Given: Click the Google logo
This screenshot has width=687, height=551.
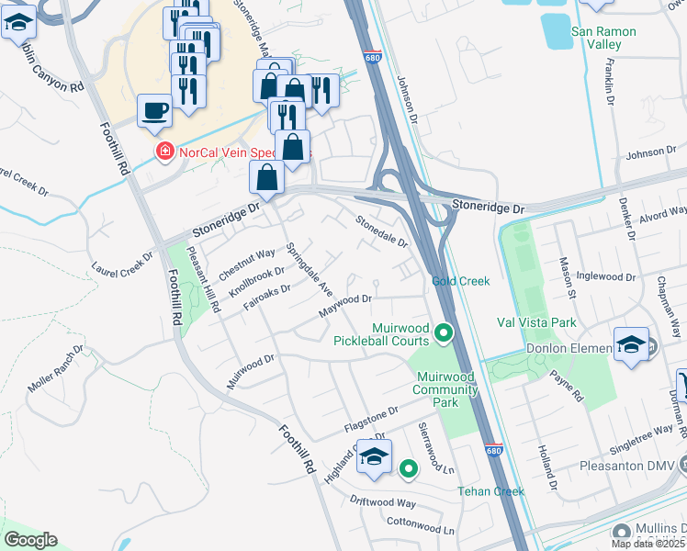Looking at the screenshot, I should [x=30, y=540].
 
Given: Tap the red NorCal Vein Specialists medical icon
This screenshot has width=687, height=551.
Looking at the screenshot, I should [x=164, y=151].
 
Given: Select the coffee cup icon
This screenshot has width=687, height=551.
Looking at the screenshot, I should [x=154, y=111].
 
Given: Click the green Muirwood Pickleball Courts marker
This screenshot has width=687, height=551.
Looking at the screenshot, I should [x=445, y=333].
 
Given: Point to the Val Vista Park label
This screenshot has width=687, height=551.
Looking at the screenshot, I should [x=536, y=322].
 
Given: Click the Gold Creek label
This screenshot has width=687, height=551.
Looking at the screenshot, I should [x=461, y=281].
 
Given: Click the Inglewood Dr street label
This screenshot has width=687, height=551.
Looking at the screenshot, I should [x=602, y=275].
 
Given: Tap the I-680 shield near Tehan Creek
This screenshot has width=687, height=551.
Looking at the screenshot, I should [x=493, y=451].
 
